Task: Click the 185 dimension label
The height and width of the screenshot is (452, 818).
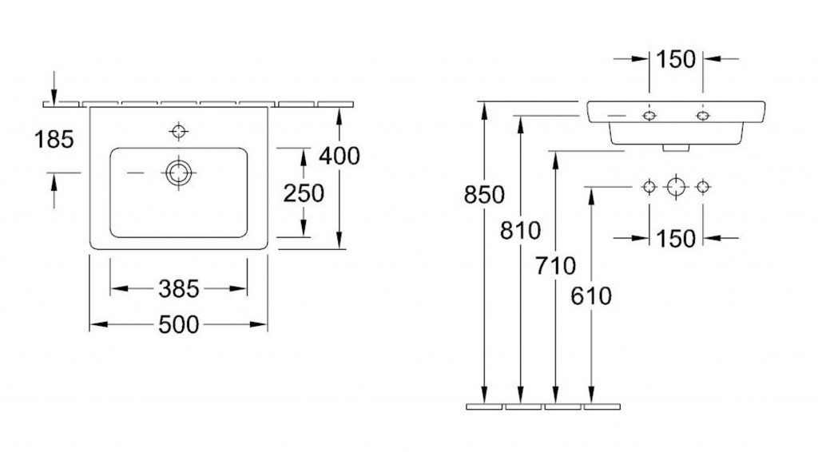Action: [x=54, y=140]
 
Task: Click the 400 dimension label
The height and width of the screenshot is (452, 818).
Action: [x=340, y=156]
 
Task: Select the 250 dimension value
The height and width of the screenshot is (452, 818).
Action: [x=304, y=193]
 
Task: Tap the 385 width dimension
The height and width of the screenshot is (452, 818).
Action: [x=179, y=289]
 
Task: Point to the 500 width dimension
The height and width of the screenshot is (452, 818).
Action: [x=179, y=325]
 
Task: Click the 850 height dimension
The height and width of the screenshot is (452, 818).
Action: [x=485, y=195]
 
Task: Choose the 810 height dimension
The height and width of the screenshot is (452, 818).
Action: [x=521, y=231]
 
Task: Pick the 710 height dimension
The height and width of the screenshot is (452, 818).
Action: [x=556, y=267]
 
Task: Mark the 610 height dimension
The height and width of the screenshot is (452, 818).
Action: [x=591, y=296]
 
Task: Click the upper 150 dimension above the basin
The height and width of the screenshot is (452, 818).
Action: [x=676, y=59]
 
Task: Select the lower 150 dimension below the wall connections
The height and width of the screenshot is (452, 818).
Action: [x=676, y=239]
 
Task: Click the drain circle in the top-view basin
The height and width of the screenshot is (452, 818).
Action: [x=179, y=172]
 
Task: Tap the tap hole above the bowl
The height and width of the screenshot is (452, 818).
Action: [x=179, y=131]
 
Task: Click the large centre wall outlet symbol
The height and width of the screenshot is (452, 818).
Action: [x=676, y=186]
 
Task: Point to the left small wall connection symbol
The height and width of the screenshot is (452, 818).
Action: [x=649, y=186]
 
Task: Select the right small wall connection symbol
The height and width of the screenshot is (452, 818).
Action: [x=703, y=186]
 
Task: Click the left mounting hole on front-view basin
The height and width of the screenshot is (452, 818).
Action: [x=649, y=116]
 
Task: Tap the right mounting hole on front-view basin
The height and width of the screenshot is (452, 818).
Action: [x=703, y=116]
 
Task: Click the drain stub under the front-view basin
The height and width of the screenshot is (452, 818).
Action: [x=676, y=148]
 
